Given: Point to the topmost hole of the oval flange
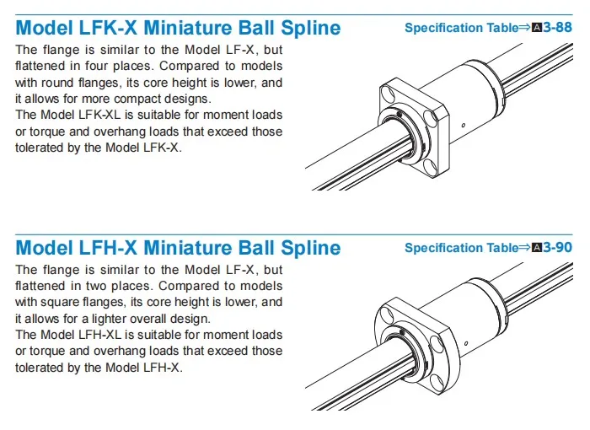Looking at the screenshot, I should [396, 306].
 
